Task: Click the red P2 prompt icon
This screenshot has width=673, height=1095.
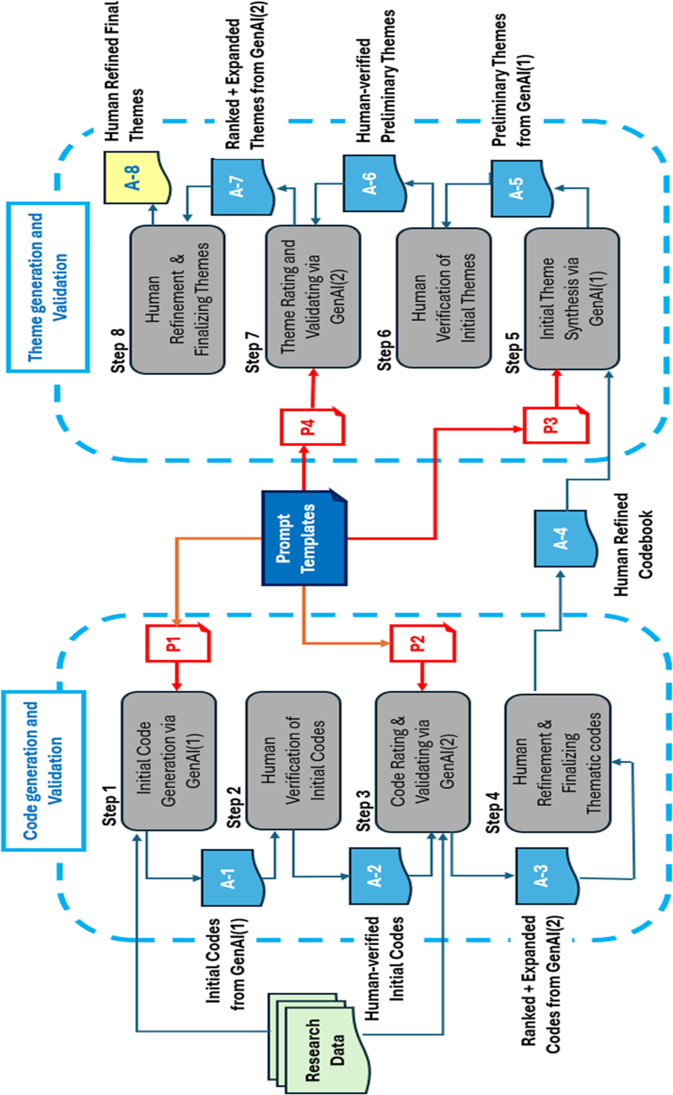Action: click(x=422, y=643)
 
